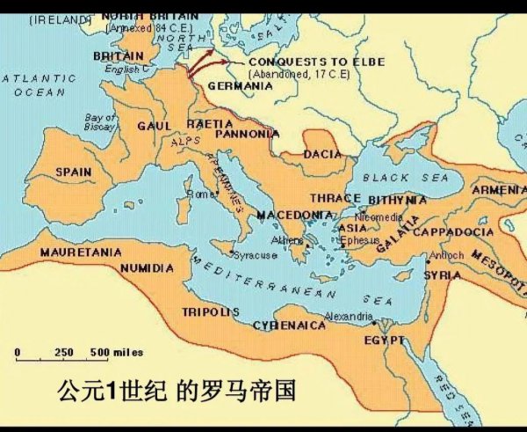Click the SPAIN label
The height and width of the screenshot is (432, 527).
(73, 172)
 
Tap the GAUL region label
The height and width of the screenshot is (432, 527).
(154, 126)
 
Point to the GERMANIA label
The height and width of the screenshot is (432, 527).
(240, 86)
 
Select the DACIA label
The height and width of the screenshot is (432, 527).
(321, 154)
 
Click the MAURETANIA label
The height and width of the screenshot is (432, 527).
(81, 252)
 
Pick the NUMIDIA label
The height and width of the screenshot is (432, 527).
(147, 267)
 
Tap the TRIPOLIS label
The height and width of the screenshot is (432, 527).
(211, 311)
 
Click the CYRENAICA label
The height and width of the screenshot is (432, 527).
(289, 325)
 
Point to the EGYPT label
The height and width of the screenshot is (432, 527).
(383, 339)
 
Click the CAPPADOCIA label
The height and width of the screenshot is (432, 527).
(452, 231)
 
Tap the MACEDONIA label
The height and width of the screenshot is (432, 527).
(294, 215)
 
